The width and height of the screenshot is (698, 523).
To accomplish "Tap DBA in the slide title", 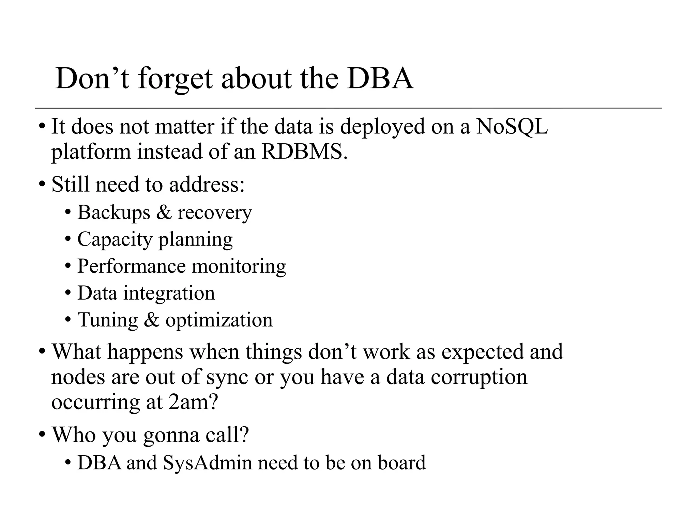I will [x=380, y=79].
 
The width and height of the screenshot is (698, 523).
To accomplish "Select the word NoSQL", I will [x=512, y=127].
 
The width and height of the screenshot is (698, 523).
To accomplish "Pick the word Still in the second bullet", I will [x=71, y=185].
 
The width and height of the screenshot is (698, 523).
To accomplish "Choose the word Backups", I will [x=114, y=213].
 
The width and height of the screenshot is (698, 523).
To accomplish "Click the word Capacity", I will [x=115, y=240].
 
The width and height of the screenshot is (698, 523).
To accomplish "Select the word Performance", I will [x=131, y=266].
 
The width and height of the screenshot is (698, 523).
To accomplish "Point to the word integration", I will [x=169, y=293].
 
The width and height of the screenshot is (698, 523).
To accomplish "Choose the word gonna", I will [x=171, y=435].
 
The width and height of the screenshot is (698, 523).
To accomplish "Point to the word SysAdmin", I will [x=207, y=463].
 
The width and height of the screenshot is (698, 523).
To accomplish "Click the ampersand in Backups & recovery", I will [x=164, y=213].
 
